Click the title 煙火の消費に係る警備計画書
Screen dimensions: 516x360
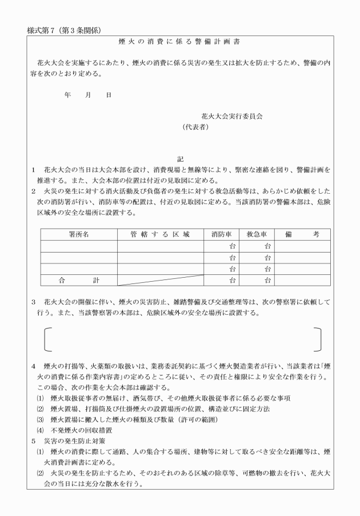pos(179,42)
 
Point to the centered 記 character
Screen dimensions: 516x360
pos(180,159)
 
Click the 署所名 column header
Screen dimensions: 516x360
pos(78,234)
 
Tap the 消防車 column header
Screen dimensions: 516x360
pos(222,234)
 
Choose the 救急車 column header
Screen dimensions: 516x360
pos(257,234)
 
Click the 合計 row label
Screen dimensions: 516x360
pos(78,280)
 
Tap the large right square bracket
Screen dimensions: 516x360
pos(317,339)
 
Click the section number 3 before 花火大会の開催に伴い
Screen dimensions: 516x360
pos(34,301)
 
